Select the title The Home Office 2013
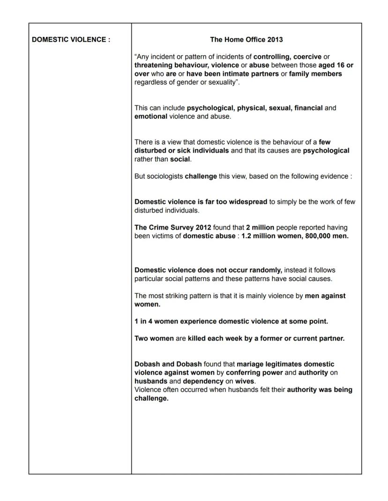tap(246, 40)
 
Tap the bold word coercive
tap(307, 57)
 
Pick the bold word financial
tap(308, 108)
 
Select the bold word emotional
tap(151, 116)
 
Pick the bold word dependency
tap(203, 381)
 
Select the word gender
tap(193, 82)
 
